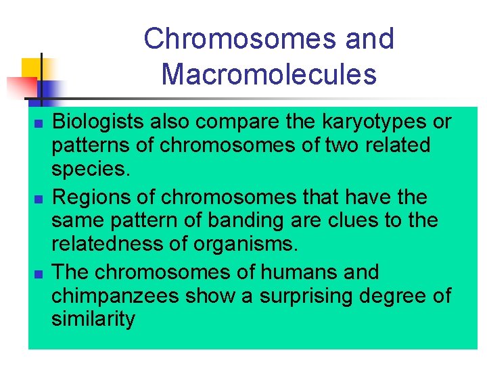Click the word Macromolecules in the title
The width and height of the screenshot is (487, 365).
269,74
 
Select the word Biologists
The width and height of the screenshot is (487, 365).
98,122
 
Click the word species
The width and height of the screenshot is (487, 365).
90,169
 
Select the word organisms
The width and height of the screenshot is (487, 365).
245,243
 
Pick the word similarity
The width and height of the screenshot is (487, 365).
93,319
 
